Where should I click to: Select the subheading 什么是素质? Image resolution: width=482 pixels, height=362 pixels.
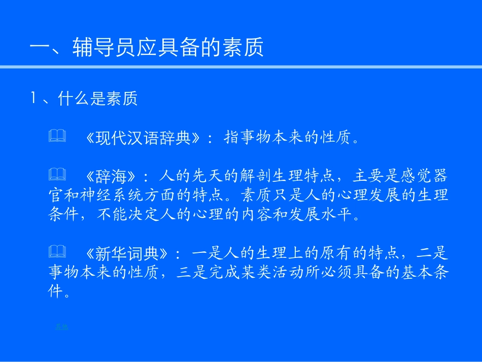click(x=98, y=98)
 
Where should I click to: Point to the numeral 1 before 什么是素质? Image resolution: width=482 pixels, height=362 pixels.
click(x=34, y=98)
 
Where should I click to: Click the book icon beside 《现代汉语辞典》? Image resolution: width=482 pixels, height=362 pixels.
click(x=57, y=136)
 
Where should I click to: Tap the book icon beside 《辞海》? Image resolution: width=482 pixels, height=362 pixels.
click(x=57, y=175)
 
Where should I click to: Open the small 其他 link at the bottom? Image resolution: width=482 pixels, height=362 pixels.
click(x=61, y=327)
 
